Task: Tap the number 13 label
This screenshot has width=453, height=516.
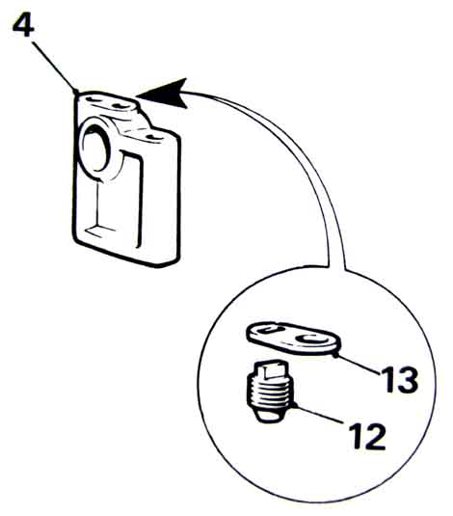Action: (x=399, y=379)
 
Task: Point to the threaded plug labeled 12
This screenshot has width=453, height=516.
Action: (x=269, y=391)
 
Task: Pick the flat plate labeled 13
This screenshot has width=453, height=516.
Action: (x=291, y=339)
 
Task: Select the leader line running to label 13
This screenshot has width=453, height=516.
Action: (x=358, y=365)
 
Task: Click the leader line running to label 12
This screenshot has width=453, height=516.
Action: (x=321, y=414)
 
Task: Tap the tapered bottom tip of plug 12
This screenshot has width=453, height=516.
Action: (x=269, y=416)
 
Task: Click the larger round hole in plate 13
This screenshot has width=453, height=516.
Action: (x=311, y=339)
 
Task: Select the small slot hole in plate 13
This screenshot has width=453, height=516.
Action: (x=269, y=330)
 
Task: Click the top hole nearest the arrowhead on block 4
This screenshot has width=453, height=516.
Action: (x=120, y=106)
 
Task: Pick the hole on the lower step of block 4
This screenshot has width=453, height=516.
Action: (x=153, y=136)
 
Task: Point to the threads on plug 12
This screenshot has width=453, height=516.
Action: (x=270, y=392)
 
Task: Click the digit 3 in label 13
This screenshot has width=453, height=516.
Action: (x=408, y=380)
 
